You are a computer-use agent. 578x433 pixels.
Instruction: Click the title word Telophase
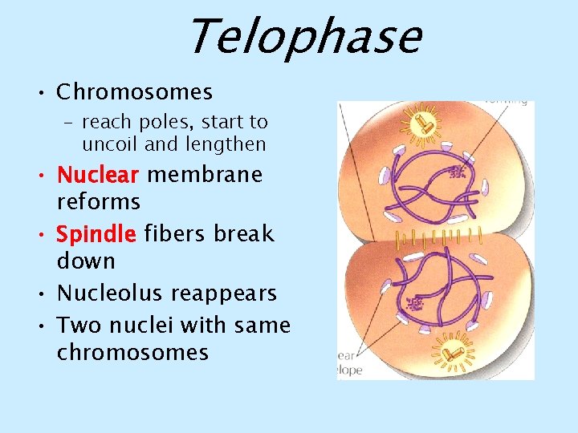303,38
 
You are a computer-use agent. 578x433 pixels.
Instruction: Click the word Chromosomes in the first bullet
134,92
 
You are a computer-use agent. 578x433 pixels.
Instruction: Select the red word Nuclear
98,175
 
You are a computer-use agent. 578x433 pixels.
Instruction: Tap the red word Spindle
96,234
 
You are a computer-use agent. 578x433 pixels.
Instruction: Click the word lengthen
226,144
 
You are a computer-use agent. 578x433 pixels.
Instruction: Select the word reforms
98,201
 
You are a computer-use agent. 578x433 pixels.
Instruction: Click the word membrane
205,175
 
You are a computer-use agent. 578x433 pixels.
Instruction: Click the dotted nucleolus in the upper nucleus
459,172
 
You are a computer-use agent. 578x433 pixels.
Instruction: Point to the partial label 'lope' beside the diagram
350,370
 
